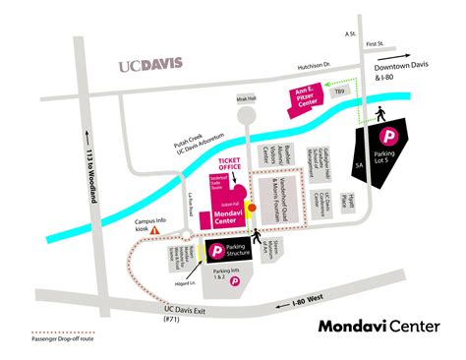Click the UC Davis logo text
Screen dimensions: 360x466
coord(150,66)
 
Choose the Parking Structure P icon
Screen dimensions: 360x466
coord(212,252)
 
